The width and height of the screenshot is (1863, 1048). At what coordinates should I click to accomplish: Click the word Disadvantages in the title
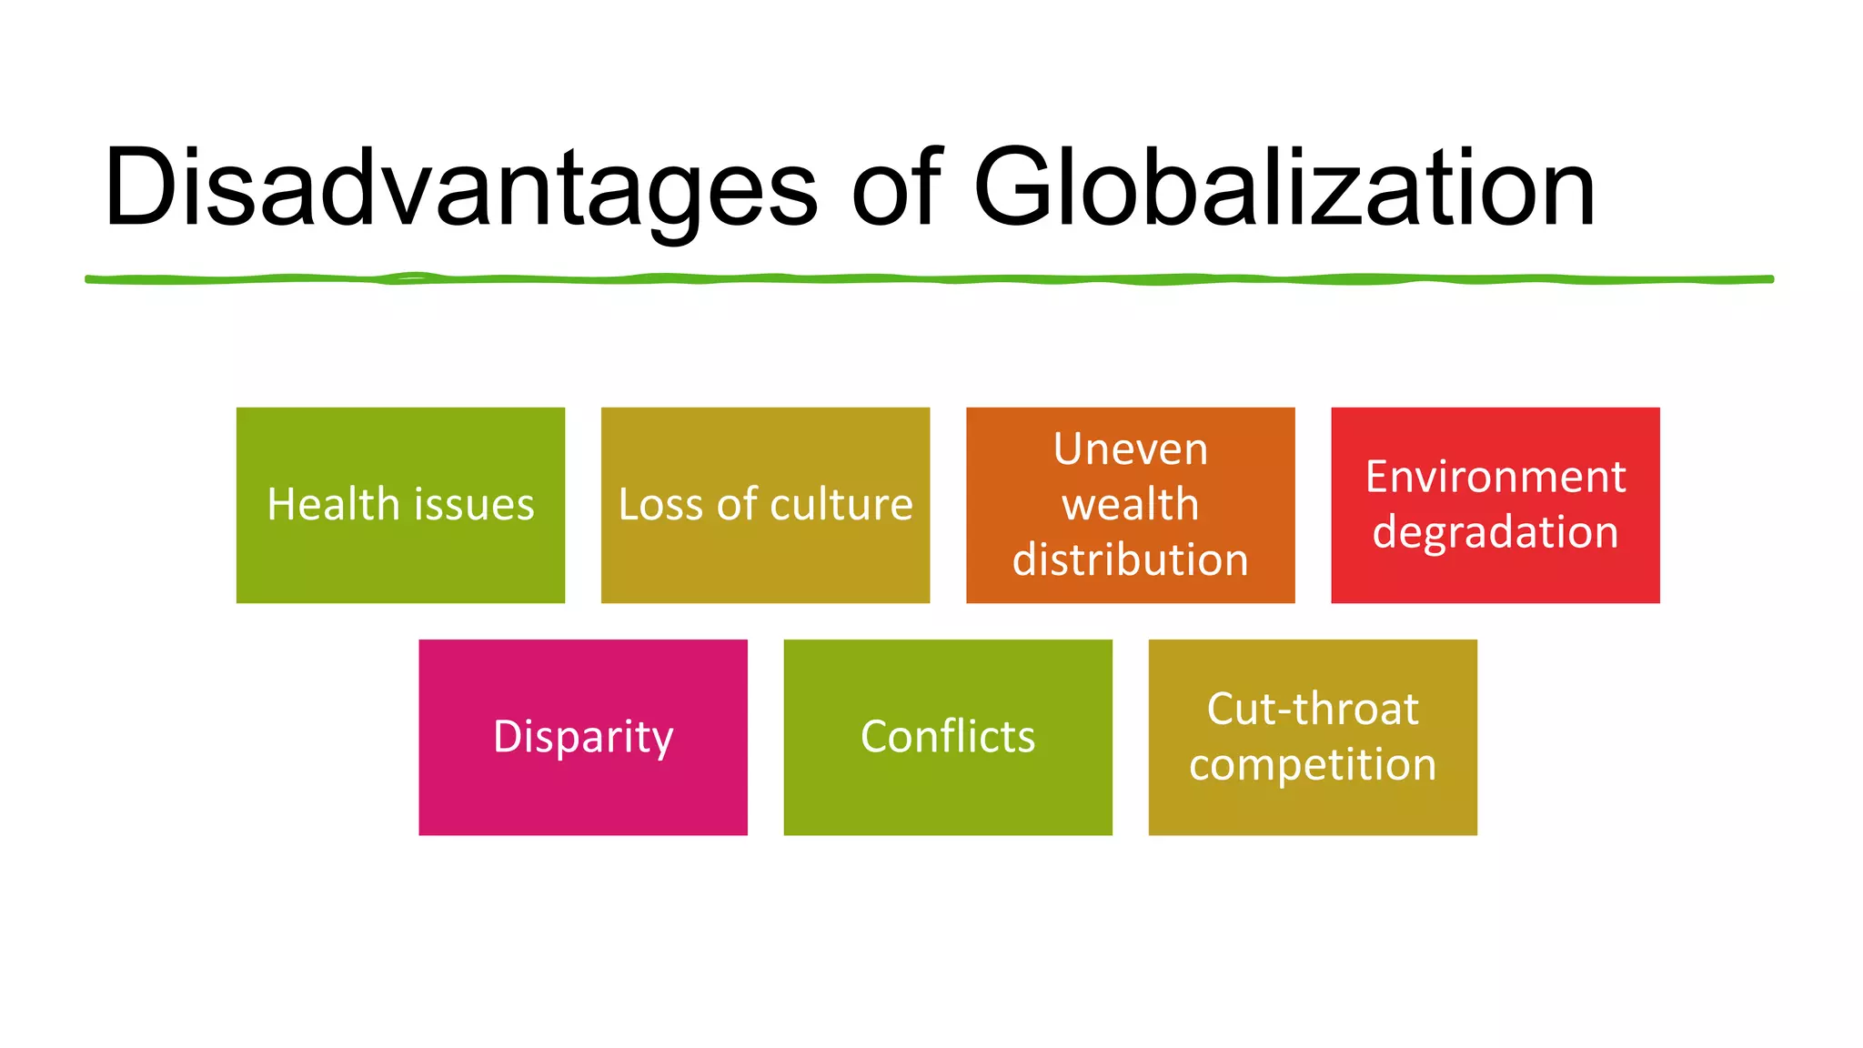[x=460, y=189]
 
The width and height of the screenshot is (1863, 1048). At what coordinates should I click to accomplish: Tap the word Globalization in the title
[x=1284, y=189]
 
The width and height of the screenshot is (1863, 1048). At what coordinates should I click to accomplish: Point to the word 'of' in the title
[x=896, y=187]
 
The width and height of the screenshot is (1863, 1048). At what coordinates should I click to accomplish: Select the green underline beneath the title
[x=928, y=279]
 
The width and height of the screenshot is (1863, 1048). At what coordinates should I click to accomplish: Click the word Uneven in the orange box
[x=1131, y=449]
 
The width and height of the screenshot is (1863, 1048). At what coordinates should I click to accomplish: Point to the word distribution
[x=1131, y=559]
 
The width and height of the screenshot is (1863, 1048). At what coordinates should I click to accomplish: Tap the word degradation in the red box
[x=1495, y=532]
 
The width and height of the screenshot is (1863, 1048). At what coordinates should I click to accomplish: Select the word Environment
[x=1495, y=477]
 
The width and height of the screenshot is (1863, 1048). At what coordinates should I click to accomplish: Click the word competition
[x=1313, y=765]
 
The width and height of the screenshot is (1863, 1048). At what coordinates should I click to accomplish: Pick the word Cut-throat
[x=1313, y=709]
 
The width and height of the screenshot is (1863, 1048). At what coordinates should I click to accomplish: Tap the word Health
[x=333, y=505]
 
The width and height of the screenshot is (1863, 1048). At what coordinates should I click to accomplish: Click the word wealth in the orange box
[x=1131, y=505]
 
